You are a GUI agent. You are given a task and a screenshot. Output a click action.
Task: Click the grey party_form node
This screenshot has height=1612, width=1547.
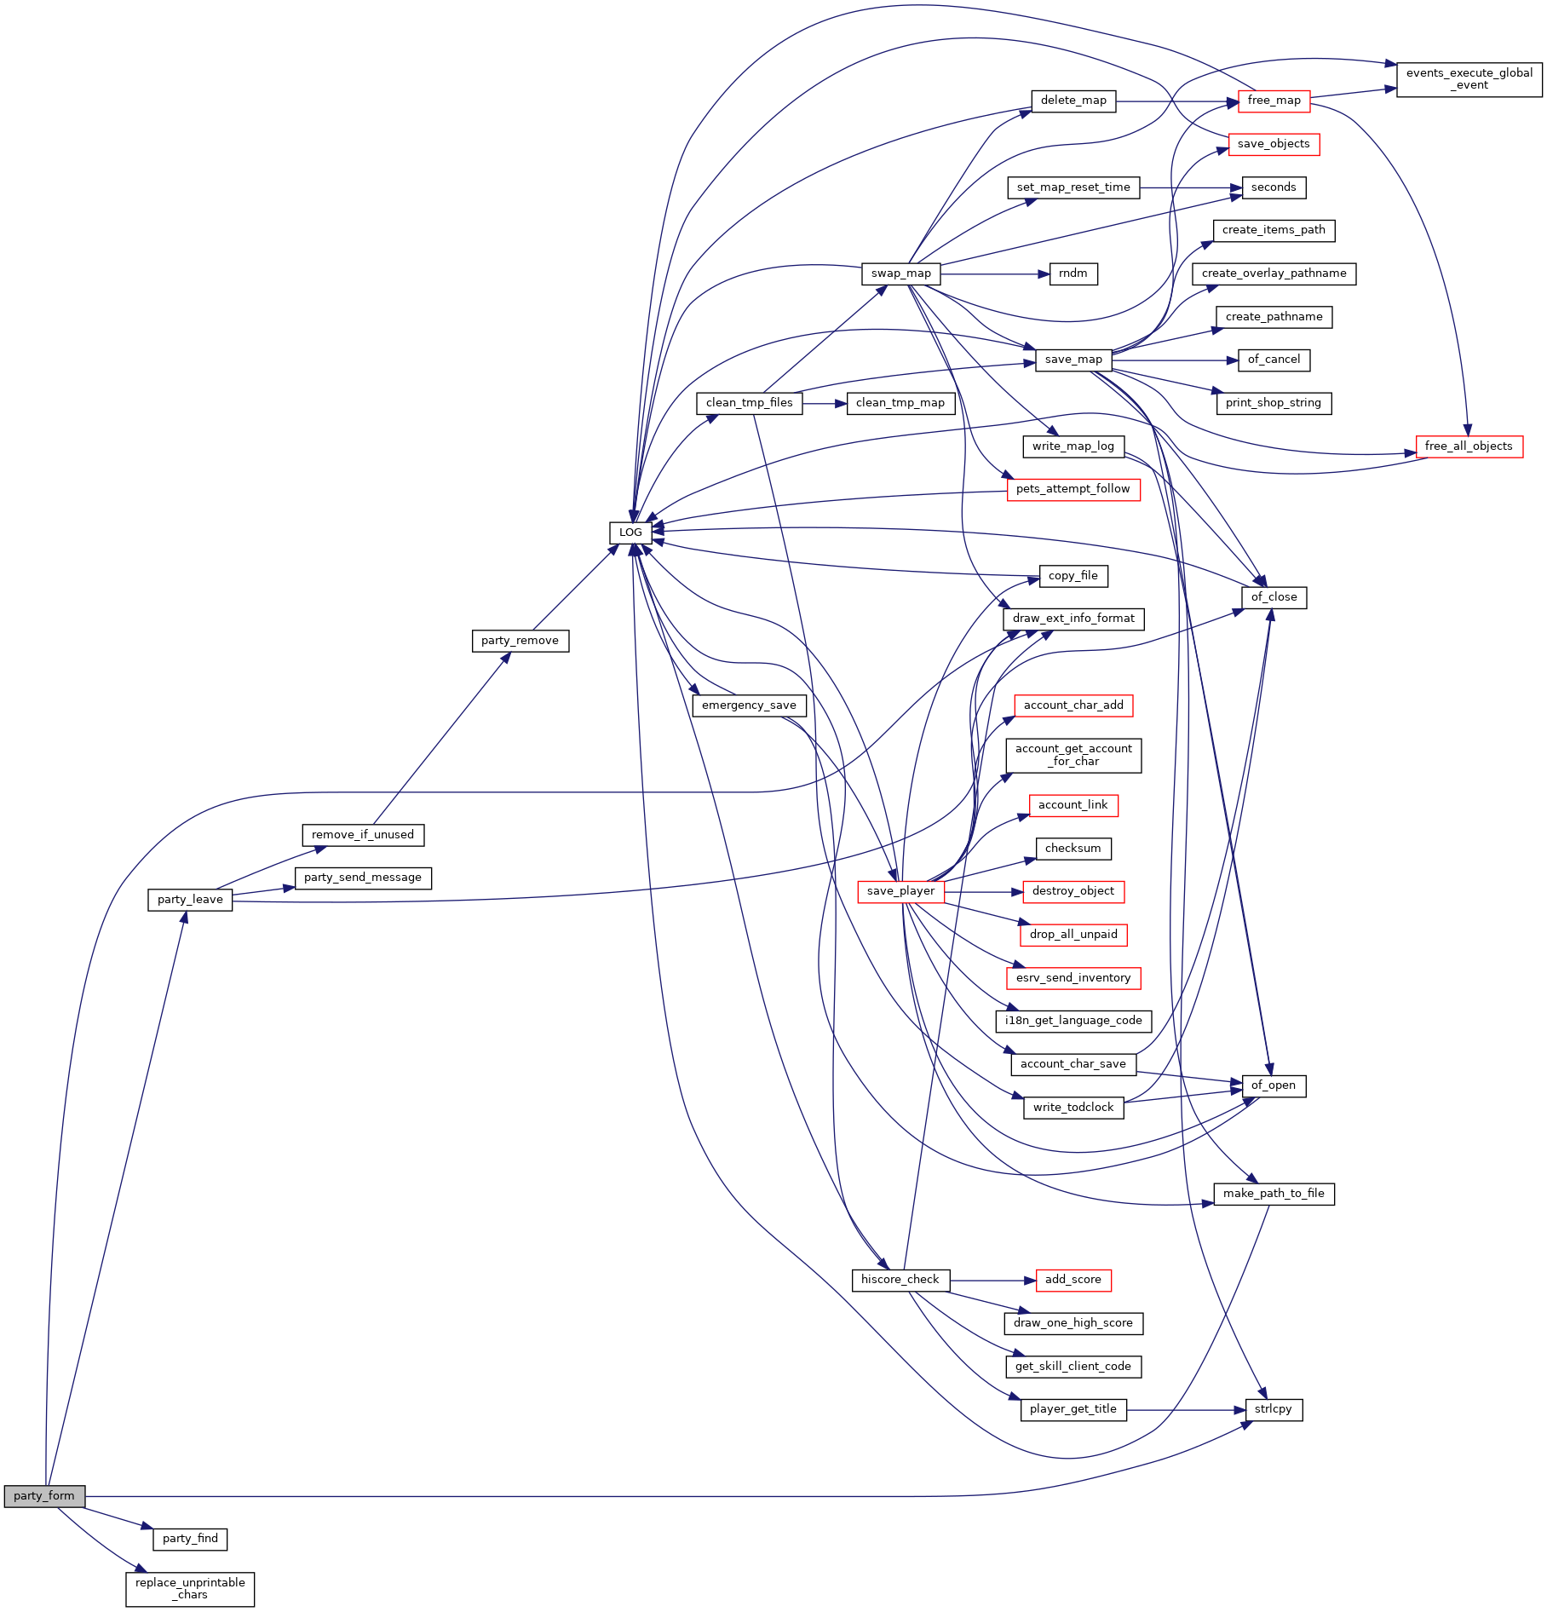point(44,1495)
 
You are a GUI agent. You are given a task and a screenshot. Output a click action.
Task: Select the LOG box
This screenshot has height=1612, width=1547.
point(630,533)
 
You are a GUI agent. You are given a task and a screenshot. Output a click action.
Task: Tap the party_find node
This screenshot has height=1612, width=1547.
point(190,1539)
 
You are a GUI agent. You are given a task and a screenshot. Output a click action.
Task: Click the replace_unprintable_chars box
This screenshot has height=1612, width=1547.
point(190,1589)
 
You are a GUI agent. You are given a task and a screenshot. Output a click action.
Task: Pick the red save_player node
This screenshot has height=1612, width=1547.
point(900,891)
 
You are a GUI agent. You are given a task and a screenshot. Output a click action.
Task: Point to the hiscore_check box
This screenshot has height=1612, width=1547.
point(900,1280)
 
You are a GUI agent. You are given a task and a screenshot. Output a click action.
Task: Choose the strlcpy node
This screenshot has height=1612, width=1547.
point(1274,1409)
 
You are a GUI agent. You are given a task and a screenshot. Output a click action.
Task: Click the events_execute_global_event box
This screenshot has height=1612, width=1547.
point(1469,79)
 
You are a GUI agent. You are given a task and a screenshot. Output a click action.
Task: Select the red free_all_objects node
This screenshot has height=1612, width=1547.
point(1469,446)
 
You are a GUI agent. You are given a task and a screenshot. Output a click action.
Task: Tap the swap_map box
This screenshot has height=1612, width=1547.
point(901,273)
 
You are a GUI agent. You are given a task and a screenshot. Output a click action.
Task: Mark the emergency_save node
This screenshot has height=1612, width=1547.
point(749,705)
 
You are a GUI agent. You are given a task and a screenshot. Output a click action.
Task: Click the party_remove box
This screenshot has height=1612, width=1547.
point(520,641)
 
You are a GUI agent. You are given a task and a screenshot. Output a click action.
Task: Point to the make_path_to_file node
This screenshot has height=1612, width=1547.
point(1274,1194)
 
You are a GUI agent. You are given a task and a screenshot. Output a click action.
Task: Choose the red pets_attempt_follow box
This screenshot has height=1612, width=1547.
point(1073,489)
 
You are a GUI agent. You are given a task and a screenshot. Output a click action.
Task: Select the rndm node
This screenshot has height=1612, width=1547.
point(1073,273)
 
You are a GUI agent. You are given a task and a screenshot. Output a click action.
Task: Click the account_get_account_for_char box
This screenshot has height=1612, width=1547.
point(1073,756)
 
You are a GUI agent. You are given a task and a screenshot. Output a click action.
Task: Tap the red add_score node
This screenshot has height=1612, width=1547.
point(1073,1280)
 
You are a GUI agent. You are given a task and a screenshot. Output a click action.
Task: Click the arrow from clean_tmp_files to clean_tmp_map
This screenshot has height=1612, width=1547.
point(825,403)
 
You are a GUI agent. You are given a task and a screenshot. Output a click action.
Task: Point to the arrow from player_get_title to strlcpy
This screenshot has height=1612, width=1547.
point(1186,1409)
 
